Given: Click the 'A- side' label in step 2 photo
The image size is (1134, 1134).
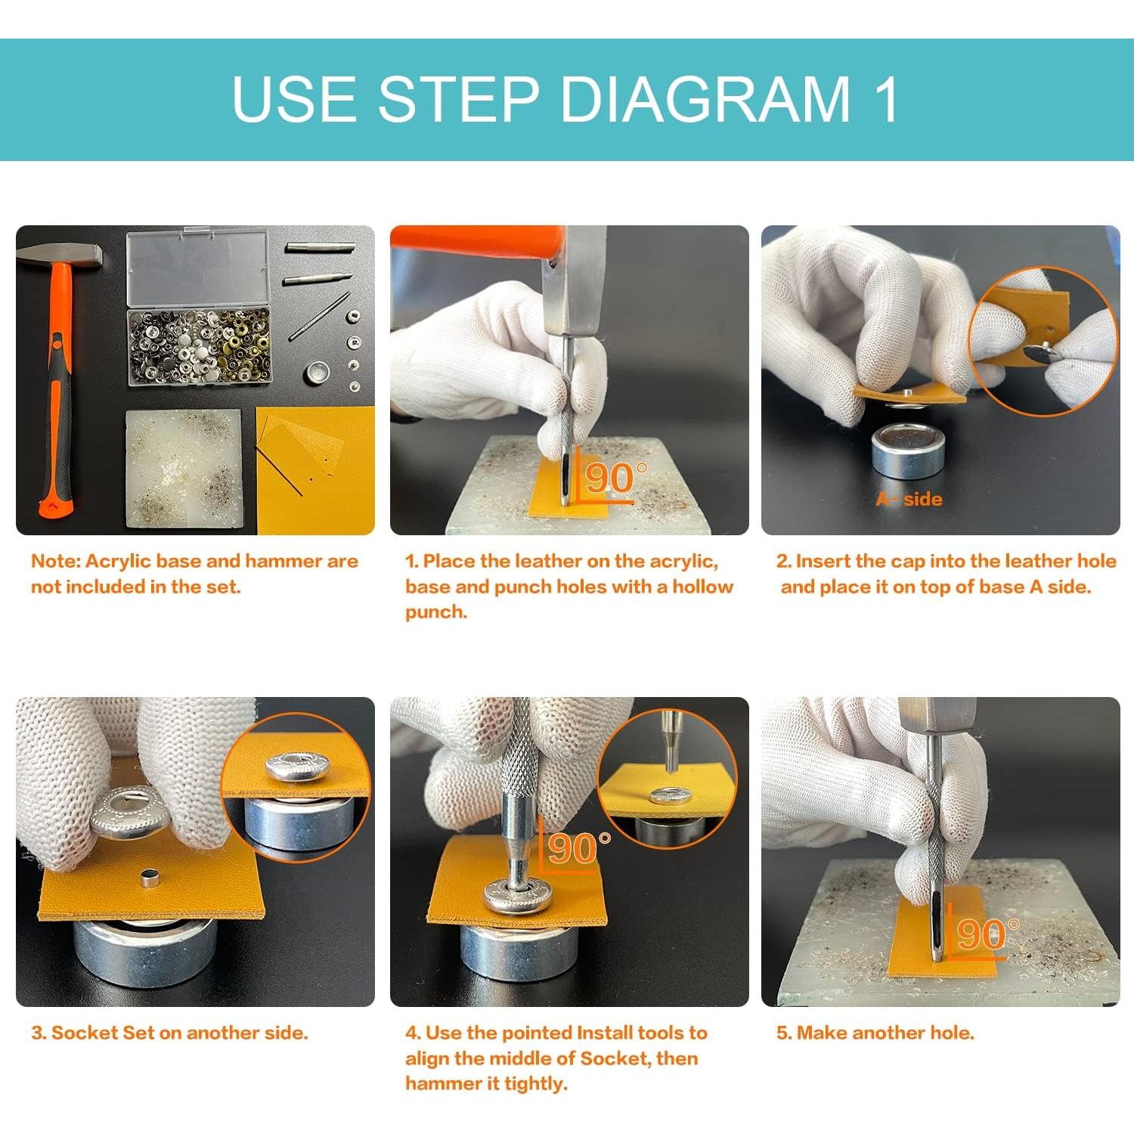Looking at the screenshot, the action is click(909, 499).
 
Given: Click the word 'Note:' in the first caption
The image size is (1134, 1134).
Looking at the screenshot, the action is click(56, 561).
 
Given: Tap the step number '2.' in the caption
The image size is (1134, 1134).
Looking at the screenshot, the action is click(783, 561).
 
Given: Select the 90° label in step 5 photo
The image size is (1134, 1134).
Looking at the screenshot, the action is click(987, 935).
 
